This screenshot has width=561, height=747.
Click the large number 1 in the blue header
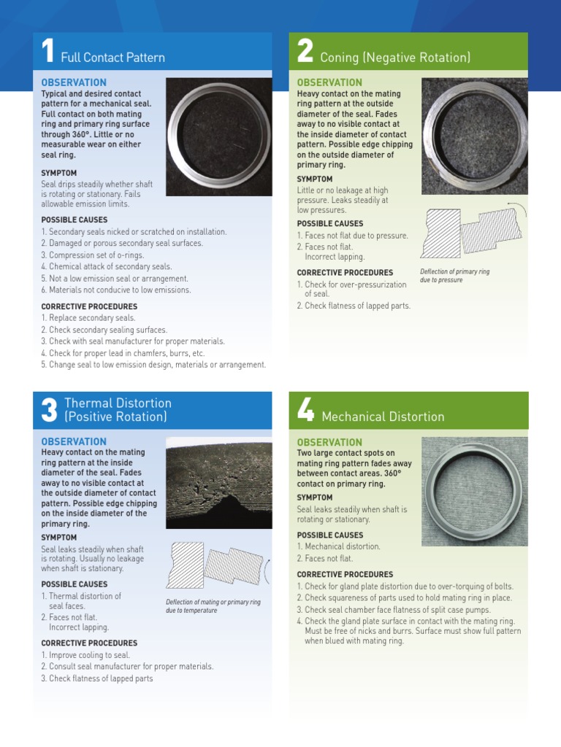click(x=47, y=53)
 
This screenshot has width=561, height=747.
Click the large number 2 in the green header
click(x=305, y=53)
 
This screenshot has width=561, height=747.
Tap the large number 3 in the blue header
click(x=49, y=411)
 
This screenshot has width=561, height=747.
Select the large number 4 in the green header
click(x=305, y=412)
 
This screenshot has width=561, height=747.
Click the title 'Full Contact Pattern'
click(x=112, y=58)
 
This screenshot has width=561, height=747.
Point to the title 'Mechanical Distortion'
click(x=383, y=417)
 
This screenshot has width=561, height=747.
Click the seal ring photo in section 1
click(x=218, y=136)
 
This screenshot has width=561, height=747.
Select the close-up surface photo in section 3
click(x=218, y=483)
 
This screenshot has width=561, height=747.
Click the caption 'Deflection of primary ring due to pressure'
click(x=454, y=276)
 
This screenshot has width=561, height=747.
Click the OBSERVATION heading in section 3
click(x=74, y=441)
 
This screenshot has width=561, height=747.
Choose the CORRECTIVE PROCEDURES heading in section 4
click(x=345, y=575)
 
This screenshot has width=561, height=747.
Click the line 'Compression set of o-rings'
click(x=93, y=255)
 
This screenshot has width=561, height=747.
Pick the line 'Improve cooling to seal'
click(x=85, y=655)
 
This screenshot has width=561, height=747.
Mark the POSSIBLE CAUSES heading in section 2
click(x=329, y=224)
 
